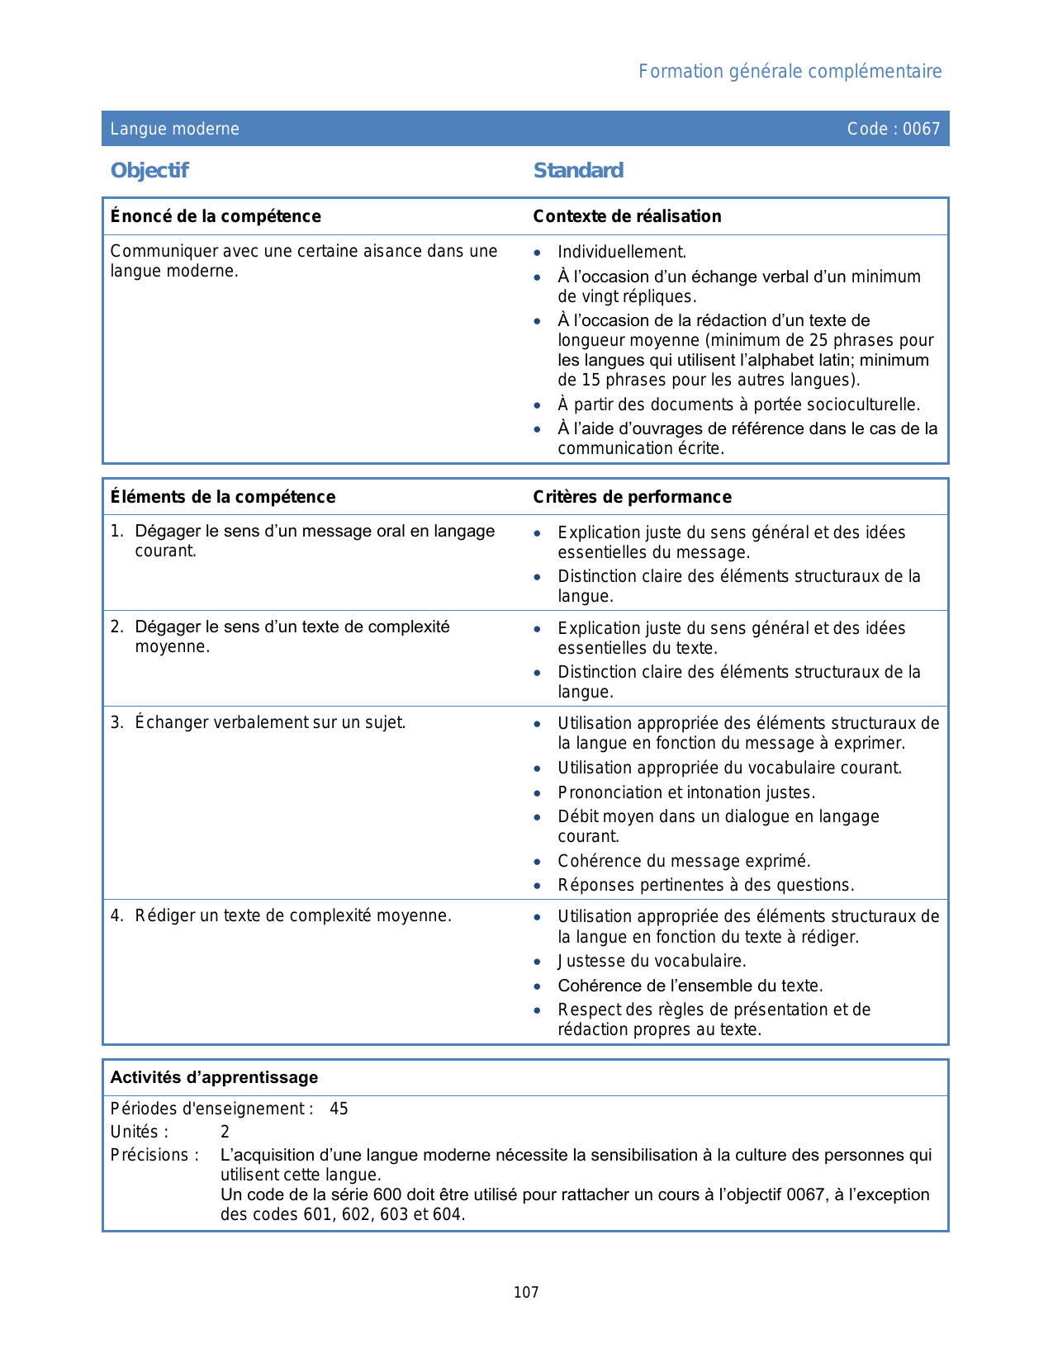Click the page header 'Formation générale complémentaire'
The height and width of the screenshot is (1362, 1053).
pyautogui.click(x=790, y=72)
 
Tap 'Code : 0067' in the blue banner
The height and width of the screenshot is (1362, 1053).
pyautogui.click(x=893, y=129)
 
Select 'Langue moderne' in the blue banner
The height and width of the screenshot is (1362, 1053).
pyautogui.click(x=175, y=129)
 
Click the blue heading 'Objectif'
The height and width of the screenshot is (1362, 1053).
pyautogui.click(x=149, y=171)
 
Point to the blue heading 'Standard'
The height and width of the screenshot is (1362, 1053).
pyautogui.click(x=578, y=171)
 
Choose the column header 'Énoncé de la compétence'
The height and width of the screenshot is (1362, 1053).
pyautogui.click(x=216, y=216)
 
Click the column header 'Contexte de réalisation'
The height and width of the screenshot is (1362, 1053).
pyautogui.click(x=627, y=216)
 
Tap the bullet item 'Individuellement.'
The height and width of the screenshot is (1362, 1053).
pyautogui.click(x=622, y=253)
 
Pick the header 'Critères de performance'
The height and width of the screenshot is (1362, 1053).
pyautogui.click(x=632, y=497)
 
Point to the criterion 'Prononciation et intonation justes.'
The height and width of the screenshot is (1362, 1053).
pyautogui.click(x=686, y=793)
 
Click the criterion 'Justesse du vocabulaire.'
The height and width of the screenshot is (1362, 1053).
pyautogui.click(x=652, y=962)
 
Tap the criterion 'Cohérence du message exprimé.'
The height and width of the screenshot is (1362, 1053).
pyautogui.click(x=684, y=862)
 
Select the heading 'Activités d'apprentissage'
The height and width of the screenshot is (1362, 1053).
pyautogui.click(x=214, y=1078)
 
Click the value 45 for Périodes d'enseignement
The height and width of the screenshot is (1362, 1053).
pyautogui.click(x=339, y=1109)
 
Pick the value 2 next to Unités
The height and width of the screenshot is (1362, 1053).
pyautogui.click(x=225, y=1133)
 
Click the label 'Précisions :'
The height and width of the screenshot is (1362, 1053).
pyautogui.click(x=154, y=1156)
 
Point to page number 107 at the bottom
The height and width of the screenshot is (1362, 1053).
pyautogui.click(x=526, y=1293)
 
